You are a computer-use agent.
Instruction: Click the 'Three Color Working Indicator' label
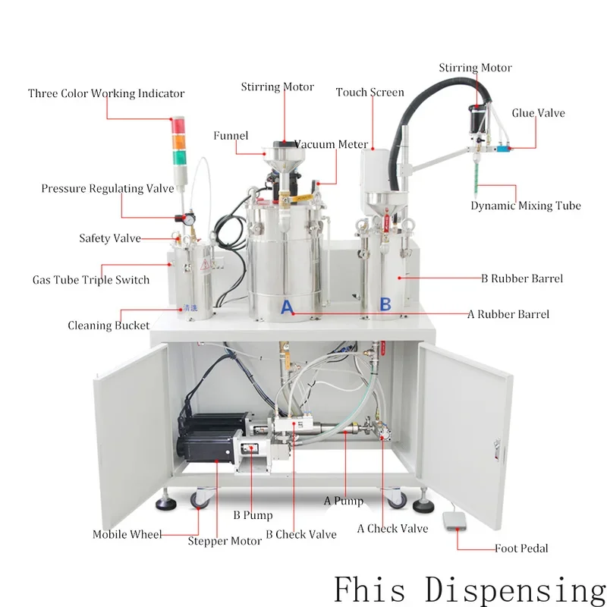(106, 94)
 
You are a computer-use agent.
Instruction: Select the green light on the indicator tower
(180, 157)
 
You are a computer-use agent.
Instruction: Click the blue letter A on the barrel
(287, 307)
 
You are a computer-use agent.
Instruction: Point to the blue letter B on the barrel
(385, 304)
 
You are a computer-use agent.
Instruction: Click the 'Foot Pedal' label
(521, 549)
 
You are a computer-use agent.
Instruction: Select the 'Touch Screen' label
(370, 93)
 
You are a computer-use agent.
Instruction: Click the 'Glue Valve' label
(538, 114)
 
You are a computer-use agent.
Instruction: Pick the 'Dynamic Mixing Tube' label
(526, 206)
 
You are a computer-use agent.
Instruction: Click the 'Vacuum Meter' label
(332, 144)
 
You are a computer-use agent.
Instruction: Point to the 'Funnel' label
(231, 136)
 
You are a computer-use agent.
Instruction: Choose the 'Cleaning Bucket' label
(109, 326)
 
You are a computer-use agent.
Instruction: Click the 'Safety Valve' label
(110, 238)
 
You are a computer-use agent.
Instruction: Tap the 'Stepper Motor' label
(225, 541)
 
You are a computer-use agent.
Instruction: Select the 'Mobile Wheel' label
(127, 534)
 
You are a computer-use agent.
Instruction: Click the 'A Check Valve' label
(392, 529)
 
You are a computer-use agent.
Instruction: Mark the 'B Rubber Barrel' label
(522, 278)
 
